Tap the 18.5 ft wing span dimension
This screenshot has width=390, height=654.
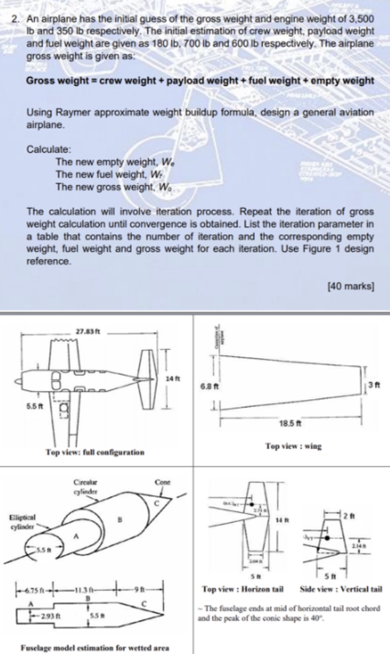tap(290, 423)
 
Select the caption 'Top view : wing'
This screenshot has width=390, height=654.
tap(293, 446)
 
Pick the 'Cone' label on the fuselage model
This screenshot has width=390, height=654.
tap(163, 483)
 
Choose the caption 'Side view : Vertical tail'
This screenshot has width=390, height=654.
tap(341, 589)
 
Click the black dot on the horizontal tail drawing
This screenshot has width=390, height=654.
tap(251, 504)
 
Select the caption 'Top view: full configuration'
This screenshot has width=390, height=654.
tap(95, 452)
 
